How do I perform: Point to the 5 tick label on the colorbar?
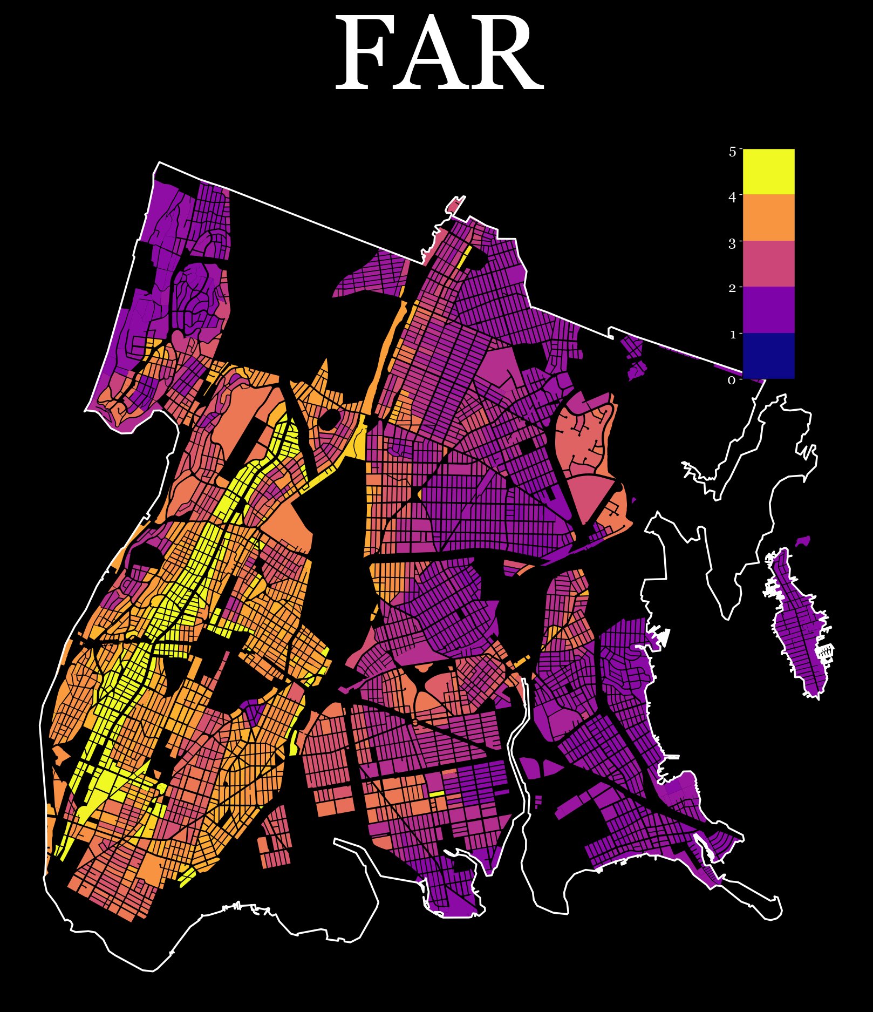[x=732, y=152]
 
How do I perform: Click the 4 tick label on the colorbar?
[x=732, y=198]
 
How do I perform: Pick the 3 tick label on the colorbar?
[x=732, y=244]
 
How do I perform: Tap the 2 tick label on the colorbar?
[x=732, y=288]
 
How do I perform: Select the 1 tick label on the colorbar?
[x=732, y=335]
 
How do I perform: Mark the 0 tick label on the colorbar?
[x=732, y=381]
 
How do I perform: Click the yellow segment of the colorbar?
[x=768, y=172]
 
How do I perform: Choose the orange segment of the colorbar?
[x=768, y=218]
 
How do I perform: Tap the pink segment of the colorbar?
[x=768, y=263]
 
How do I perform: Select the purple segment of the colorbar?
[x=768, y=309]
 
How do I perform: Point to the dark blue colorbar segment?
[x=768, y=355]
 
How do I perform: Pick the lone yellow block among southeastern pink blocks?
[x=436, y=793]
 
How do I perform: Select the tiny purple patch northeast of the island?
[x=803, y=541]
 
